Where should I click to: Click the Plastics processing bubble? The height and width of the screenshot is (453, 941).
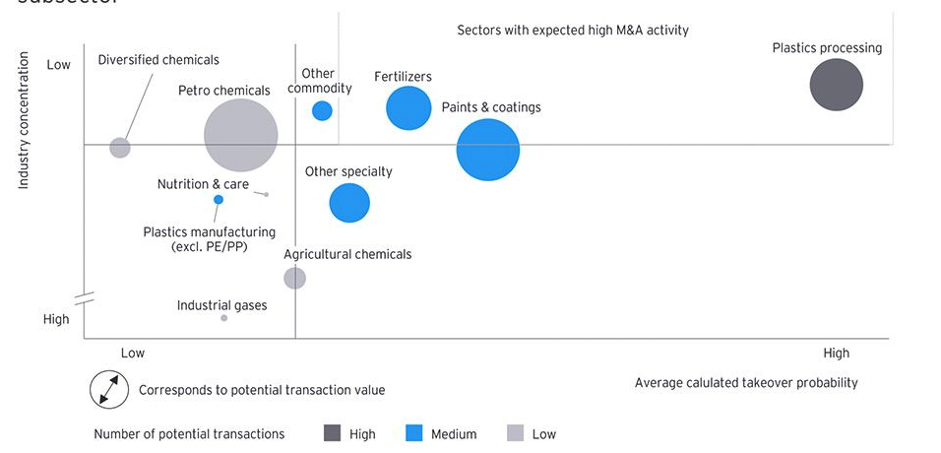click(x=836, y=85)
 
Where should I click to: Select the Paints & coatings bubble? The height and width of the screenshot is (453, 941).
click(x=487, y=150)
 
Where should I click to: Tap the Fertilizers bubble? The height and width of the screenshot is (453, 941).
click(x=408, y=108)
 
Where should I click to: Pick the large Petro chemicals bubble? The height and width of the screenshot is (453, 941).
click(x=241, y=136)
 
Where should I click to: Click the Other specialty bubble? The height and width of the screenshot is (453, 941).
click(x=349, y=204)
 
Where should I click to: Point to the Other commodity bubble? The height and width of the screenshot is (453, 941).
click(x=322, y=110)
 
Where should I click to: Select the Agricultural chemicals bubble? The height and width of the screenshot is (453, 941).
click(x=294, y=278)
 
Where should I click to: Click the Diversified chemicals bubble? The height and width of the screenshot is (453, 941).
click(x=120, y=148)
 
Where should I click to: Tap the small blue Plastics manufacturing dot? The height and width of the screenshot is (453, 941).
click(x=219, y=200)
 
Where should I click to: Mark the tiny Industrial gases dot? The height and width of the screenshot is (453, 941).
click(x=224, y=318)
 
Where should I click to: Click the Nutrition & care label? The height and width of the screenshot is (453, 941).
click(x=203, y=184)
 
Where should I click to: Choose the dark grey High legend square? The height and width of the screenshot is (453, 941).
click(x=333, y=433)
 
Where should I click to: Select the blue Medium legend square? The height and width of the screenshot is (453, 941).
click(x=413, y=433)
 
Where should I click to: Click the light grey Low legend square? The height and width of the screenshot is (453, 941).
click(x=515, y=433)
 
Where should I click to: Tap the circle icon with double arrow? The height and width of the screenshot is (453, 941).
click(x=109, y=389)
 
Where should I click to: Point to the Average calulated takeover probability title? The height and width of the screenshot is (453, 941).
click(x=746, y=382)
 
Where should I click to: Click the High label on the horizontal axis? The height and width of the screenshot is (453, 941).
click(x=836, y=353)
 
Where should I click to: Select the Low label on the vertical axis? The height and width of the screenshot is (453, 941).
click(x=59, y=65)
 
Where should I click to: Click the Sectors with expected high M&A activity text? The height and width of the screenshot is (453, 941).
click(x=573, y=31)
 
